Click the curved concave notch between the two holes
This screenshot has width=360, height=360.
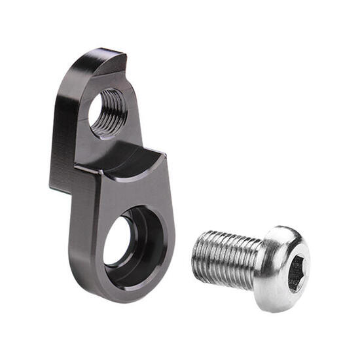tap(134, 159)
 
